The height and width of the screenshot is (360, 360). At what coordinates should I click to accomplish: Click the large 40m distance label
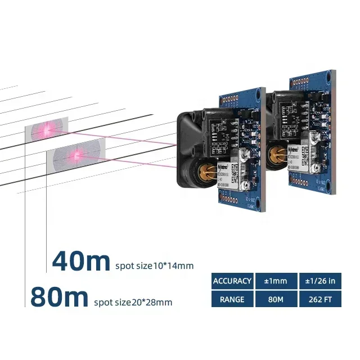[x=81, y=262]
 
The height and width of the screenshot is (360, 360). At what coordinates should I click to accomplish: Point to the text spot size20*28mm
[x=133, y=303]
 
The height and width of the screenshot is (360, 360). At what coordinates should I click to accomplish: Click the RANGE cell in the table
[x=232, y=299]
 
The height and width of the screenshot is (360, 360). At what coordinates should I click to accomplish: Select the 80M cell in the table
[x=276, y=299]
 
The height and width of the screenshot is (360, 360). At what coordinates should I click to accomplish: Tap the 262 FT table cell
[x=319, y=299]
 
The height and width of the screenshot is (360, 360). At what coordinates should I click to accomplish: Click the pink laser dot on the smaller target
[x=44, y=130]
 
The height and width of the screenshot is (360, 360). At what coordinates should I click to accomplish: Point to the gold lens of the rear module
[x=276, y=154]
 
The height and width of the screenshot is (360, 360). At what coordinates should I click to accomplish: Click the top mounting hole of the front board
[x=258, y=92]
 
